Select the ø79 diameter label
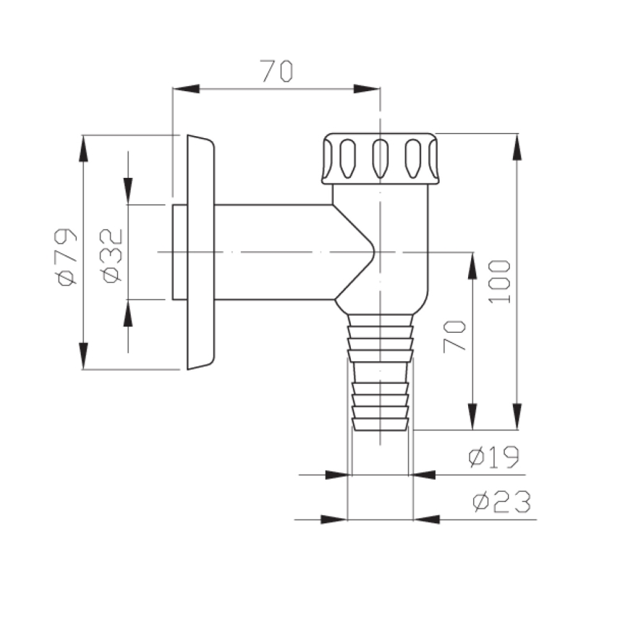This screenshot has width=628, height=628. tap(67, 257)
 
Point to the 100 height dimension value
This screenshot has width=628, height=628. tap(501, 281)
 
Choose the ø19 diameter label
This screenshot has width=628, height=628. tap(493, 457)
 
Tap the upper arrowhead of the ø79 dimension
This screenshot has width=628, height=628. tap(85, 149)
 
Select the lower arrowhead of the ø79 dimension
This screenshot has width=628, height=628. tap(85, 355)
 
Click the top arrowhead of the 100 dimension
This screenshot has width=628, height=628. tap(517, 148)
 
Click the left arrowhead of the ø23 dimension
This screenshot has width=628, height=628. tap(334, 519)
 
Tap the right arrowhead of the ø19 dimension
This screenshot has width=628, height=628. tap(424, 475)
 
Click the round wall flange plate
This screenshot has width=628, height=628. tap(200, 252)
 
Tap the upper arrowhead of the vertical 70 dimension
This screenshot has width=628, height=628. tap(472, 266)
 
